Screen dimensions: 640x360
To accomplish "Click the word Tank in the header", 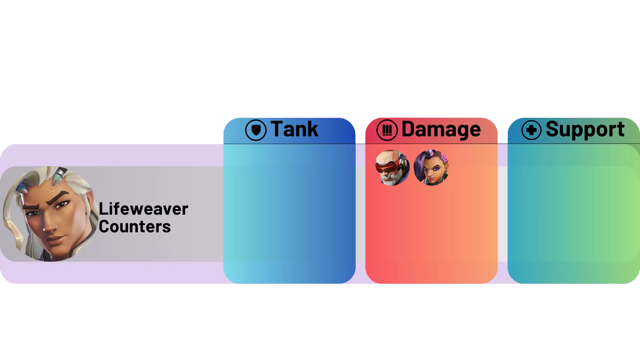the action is click(x=294, y=129).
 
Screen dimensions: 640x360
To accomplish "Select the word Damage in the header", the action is click(x=441, y=130).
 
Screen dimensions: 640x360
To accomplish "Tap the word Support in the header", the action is click(x=585, y=130).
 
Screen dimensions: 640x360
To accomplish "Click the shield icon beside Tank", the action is click(x=256, y=130).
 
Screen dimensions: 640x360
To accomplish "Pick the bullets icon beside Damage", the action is click(x=387, y=130).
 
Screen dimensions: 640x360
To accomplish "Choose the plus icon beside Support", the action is click(x=531, y=130).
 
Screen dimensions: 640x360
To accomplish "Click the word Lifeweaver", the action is click(x=143, y=209).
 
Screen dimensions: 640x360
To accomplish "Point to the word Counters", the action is click(x=135, y=227).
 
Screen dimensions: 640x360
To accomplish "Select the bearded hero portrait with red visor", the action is click(x=392, y=168).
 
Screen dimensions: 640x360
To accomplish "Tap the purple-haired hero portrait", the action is click(x=431, y=168).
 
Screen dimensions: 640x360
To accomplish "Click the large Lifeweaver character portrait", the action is click(x=50, y=214).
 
